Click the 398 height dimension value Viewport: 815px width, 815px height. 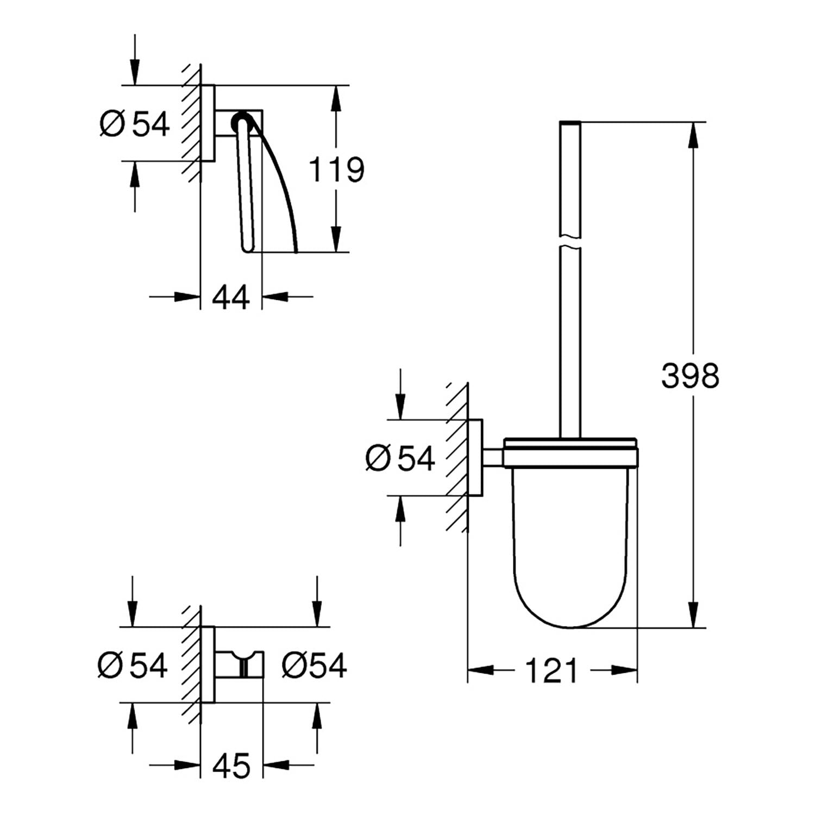tap(690, 375)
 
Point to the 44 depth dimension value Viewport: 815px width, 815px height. tap(231, 297)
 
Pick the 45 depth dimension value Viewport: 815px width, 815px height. tap(231, 766)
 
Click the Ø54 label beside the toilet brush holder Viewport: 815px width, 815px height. tap(400, 457)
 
